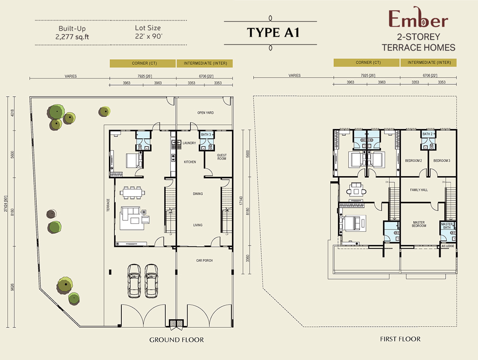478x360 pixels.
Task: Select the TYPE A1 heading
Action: click(273, 32)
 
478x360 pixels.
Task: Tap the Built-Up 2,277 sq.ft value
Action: click(72, 37)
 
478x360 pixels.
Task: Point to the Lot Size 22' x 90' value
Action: click(149, 36)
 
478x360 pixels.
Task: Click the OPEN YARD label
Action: click(206, 113)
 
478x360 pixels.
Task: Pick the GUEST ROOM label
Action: click(222, 157)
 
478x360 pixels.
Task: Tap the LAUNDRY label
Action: click(189, 143)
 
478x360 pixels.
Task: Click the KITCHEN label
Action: click(190, 162)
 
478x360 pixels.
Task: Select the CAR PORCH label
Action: click(204, 260)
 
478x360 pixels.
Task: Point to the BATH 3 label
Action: click(206, 134)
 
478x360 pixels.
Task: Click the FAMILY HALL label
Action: click(419, 190)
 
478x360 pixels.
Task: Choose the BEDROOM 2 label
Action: click(413, 161)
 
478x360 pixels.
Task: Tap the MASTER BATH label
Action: click(447, 226)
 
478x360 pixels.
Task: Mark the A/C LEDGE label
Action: click(448, 246)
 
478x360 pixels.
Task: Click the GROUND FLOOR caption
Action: click(176, 340)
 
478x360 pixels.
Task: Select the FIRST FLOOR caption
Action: click(400, 339)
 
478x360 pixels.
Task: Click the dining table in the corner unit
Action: click(132, 193)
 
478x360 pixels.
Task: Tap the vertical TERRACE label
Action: click(108, 205)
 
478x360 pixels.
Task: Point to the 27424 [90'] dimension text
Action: click(6, 204)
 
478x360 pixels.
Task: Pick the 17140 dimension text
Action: click(241, 201)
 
